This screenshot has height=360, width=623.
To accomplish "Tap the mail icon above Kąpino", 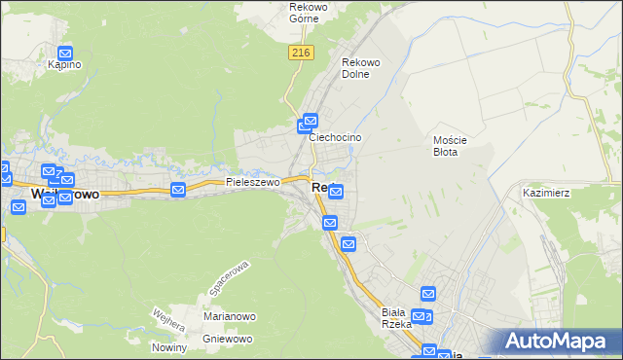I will pyautogui.click(x=65, y=54).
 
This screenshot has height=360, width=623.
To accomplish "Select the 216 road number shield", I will pyautogui.click(x=300, y=54).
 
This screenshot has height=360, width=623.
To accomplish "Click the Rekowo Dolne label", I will pyautogui.click(x=360, y=68).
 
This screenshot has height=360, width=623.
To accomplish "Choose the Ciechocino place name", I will pyautogui.click(x=335, y=138).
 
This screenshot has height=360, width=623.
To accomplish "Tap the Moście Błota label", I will pyautogui.click(x=451, y=146).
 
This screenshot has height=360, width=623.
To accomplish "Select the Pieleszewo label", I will pyautogui.click(x=252, y=182).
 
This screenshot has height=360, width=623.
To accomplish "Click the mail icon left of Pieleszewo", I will pyautogui.click(x=178, y=190).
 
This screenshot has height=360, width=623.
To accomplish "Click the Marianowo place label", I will pyautogui.click(x=229, y=316).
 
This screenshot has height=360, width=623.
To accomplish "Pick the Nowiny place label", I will pyautogui.click(x=168, y=347).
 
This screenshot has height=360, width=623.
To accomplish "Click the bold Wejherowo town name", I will pyautogui.click(x=64, y=195).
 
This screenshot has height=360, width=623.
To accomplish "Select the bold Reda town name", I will pyautogui.click(x=324, y=187).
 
